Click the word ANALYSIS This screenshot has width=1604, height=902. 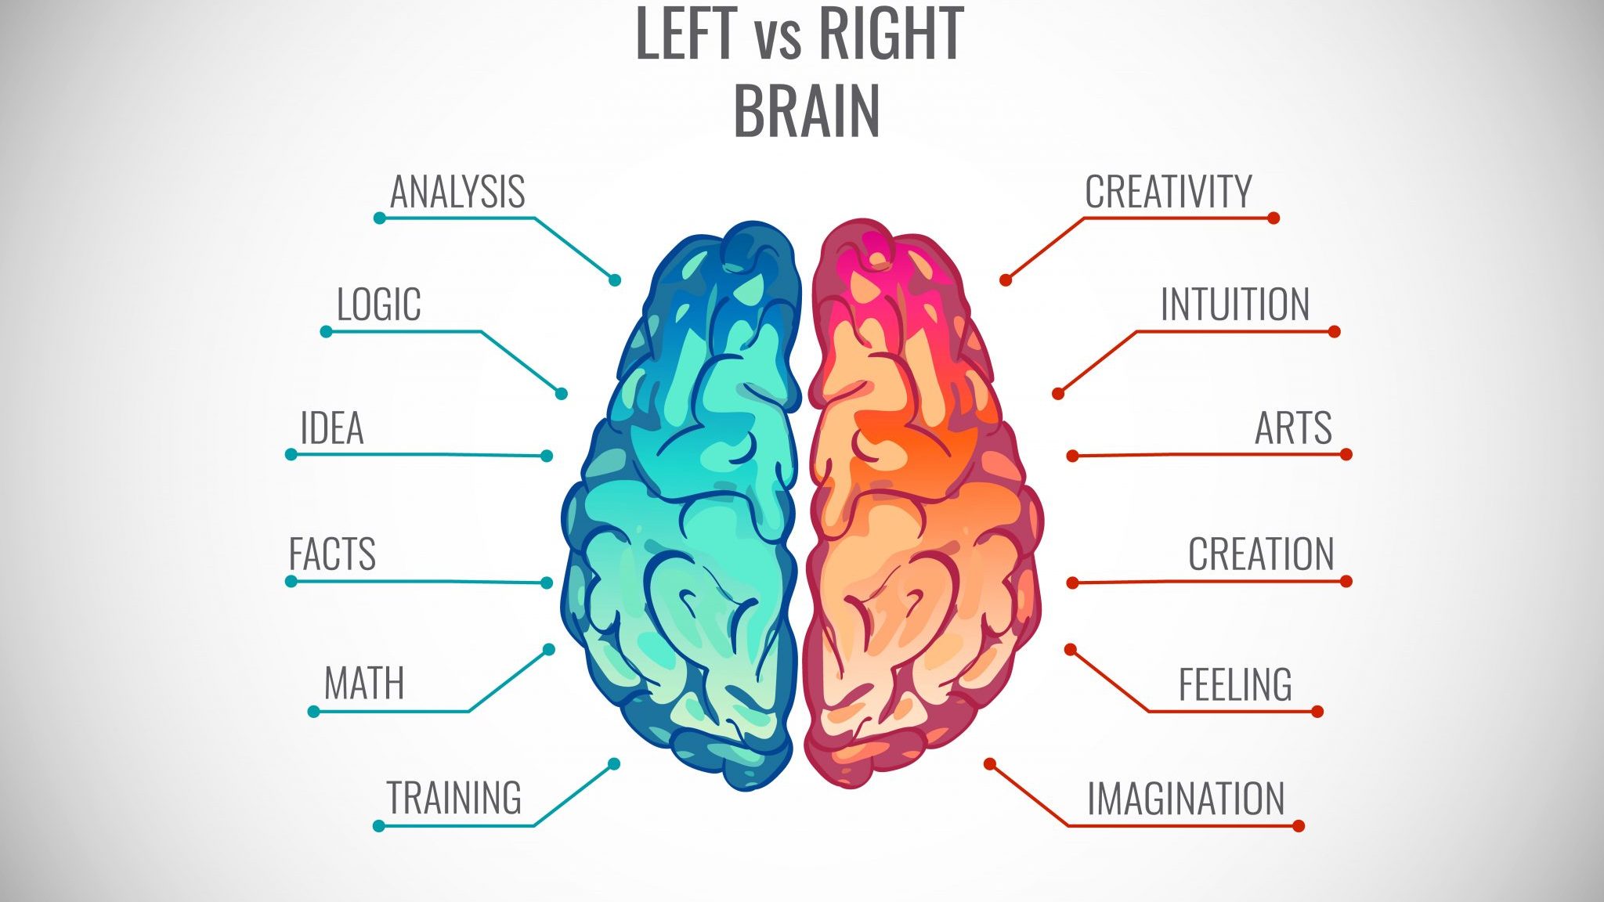(x=457, y=192)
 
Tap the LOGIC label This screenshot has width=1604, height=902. (x=379, y=305)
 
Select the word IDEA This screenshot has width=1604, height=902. (x=332, y=428)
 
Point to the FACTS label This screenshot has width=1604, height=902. (x=332, y=554)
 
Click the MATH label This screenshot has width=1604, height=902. (x=364, y=684)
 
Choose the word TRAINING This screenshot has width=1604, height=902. (x=454, y=798)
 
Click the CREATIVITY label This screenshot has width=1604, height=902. (x=1169, y=192)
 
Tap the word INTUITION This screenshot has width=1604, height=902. (x=1234, y=305)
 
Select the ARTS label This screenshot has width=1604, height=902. (x=1293, y=428)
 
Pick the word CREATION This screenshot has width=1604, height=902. (x=1261, y=554)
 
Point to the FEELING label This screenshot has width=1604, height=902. (x=1235, y=684)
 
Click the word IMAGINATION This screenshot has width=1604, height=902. (x=1186, y=799)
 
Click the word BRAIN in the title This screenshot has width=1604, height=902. (x=807, y=110)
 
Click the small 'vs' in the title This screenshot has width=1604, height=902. (x=779, y=39)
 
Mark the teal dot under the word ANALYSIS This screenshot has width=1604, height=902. (x=380, y=218)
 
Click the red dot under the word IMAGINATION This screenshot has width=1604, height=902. (x=1298, y=825)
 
